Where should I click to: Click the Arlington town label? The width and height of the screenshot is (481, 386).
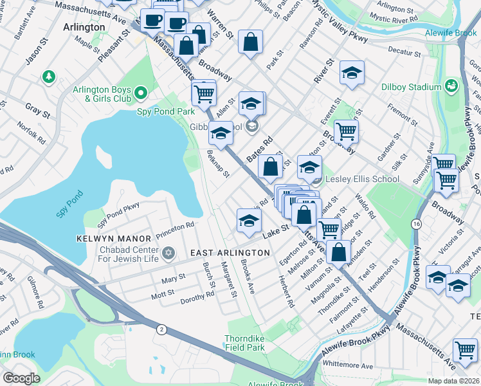pyautogui.click(x=85, y=27)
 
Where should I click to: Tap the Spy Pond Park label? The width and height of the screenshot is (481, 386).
pyautogui.click(x=165, y=111)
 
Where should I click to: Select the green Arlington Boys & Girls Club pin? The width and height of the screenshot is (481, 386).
pyautogui.click(x=141, y=95)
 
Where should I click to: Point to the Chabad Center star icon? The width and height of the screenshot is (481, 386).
pyautogui.click(x=168, y=252)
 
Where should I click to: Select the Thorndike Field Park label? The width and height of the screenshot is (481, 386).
pyautogui.click(x=244, y=343)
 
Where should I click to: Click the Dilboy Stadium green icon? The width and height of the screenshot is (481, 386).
pyautogui.click(x=452, y=86)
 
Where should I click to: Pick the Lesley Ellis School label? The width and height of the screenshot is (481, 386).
pyautogui.click(x=363, y=179)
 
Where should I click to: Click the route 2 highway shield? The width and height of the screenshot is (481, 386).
pyautogui.click(x=161, y=329)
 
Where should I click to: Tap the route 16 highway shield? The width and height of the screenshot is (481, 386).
pyautogui.click(x=417, y=223)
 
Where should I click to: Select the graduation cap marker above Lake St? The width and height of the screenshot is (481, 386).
pyautogui.click(x=249, y=221)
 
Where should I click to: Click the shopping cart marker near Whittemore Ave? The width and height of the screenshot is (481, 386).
pyautogui.click(x=465, y=350)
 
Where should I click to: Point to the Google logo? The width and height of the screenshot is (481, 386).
pyautogui.click(x=21, y=378)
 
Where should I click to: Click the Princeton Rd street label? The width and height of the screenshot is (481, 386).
pyautogui.click(x=172, y=226)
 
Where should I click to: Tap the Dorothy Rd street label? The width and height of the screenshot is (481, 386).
pyautogui.click(x=197, y=297)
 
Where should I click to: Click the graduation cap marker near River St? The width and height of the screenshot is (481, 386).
pyautogui.click(x=352, y=73)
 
